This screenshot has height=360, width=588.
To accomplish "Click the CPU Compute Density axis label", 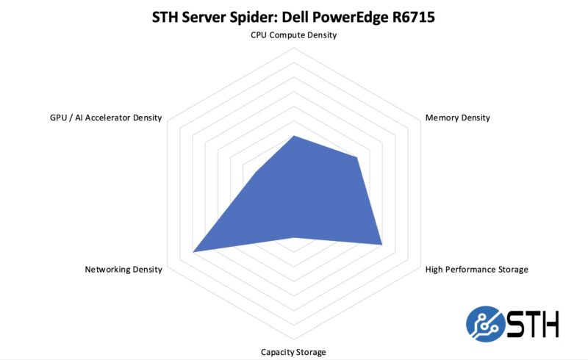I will [x=294, y=35].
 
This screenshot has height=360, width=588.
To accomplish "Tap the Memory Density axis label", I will [x=457, y=118].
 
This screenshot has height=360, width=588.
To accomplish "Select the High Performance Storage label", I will [x=476, y=270].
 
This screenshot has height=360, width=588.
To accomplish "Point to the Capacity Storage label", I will [x=293, y=352].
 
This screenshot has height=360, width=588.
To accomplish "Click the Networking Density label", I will [x=123, y=270].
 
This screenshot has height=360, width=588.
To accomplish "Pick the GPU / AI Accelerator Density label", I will [x=101, y=118].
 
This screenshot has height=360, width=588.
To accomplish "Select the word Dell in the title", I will [x=297, y=16].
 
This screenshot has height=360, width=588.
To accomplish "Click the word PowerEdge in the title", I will [x=349, y=16].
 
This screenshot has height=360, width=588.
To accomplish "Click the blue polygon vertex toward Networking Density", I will [x=193, y=252].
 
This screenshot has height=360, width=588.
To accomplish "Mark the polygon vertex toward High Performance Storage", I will [x=382, y=244].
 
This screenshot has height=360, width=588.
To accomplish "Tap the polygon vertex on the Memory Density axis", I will [x=356, y=157].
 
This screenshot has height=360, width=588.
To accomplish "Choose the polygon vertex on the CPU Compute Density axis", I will [x=294, y=136].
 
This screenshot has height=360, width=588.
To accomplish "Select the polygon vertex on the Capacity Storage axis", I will [x=294, y=237].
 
